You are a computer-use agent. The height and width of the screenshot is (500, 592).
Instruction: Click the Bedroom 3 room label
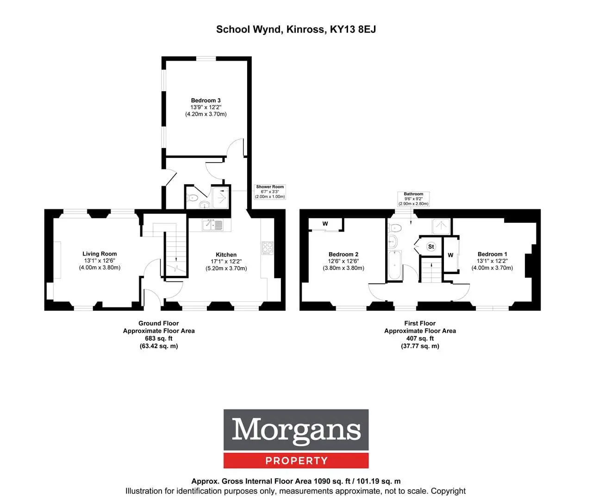(x=206, y=100)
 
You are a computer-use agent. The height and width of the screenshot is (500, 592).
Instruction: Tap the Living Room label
(x=100, y=254)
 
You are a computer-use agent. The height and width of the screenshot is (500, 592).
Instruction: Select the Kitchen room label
(x=226, y=255)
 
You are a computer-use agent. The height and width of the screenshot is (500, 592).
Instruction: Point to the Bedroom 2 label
(x=343, y=254)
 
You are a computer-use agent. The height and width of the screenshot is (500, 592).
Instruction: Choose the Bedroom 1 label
(x=492, y=254)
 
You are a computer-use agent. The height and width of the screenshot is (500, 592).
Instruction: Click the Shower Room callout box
(x=270, y=192)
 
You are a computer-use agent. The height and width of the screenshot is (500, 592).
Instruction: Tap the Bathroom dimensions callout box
(x=413, y=199)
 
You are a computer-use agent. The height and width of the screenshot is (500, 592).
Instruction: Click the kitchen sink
(x=212, y=225)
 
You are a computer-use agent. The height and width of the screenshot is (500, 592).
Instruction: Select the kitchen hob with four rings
(x=268, y=248)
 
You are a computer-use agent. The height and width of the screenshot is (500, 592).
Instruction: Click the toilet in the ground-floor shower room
(x=193, y=198)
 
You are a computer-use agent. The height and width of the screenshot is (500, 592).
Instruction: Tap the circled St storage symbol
(x=431, y=246)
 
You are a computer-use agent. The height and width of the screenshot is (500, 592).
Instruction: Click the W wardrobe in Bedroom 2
(x=325, y=224)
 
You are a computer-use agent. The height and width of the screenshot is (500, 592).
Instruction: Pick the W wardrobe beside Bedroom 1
(x=451, y=255)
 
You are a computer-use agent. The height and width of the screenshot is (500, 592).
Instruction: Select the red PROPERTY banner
(x=296, y=460)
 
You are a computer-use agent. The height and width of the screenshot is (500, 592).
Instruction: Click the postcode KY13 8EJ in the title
(x=353, y=30)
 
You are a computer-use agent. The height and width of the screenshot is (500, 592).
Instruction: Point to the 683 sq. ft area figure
(x=158, y=338)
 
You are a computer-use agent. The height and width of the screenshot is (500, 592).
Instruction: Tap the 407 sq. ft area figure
(x=420, y=338)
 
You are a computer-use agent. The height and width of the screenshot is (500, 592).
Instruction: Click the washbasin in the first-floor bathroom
(x=393, y=242)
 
